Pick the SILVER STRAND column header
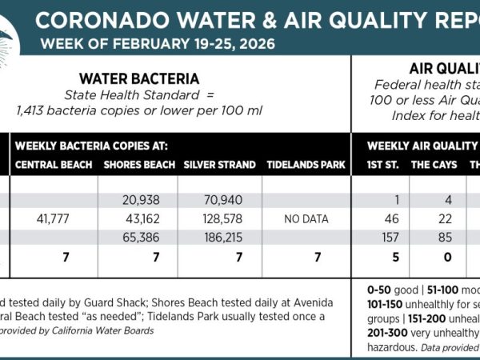(219, 165)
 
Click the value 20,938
(143, 200)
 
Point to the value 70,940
(223, 200)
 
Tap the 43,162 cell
(143, 218)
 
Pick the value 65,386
(143, 238)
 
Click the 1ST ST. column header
(380, 165)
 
